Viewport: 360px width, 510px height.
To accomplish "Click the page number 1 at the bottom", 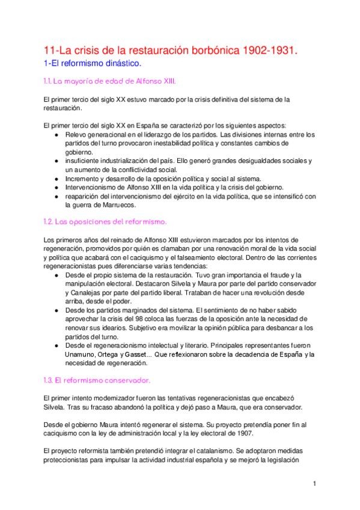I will point(314,483).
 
